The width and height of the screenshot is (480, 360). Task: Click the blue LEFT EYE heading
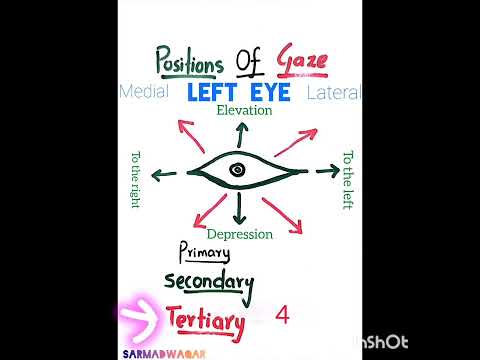tap(238, 92)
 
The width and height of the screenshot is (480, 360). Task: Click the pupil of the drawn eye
tap(237, 171)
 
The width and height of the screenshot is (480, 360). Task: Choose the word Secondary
tap(209, 283)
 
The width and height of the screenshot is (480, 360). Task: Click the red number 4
tap(282, 316)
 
